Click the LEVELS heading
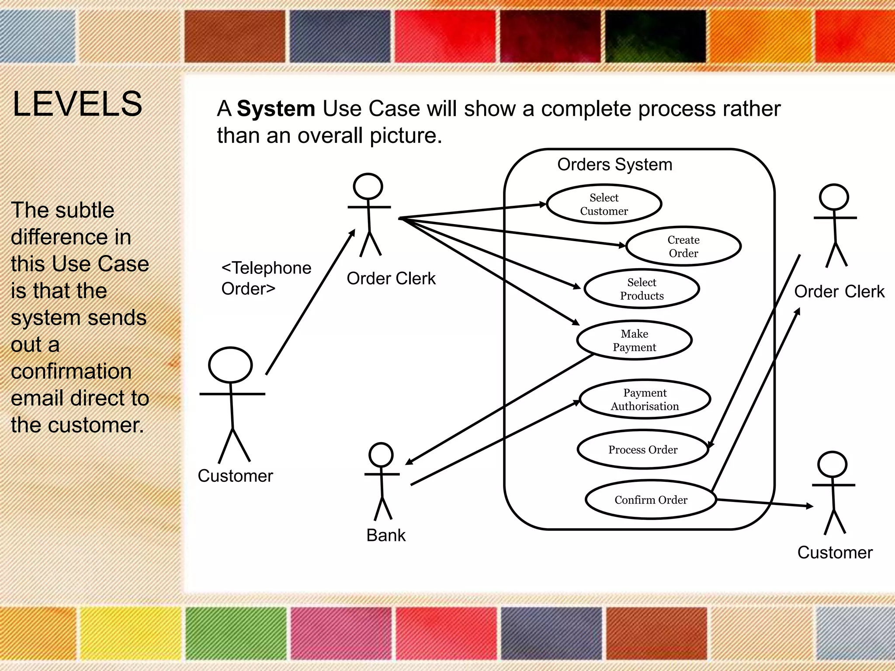pyautogui.click(x=77, y=104)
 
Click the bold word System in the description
pyautogui.click(x=276, y=109)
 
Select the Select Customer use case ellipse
pyautogui.click(x=604, y=204)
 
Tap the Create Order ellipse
pyautogui.click(x=683, y=246)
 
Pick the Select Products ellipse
pyautogui.click(x=642, y=289)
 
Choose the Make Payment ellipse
pyautogui.click(x=634, y=340)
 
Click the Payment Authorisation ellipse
pyautogui.click(x=645, y=399)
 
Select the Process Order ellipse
pyautogui.click(x=642, y=450)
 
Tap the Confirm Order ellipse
pyautogui.click(x=650, y=500)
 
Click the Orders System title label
pyautogui.click(x=614, y=165)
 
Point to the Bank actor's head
pyautogui.click(x=381, y=455)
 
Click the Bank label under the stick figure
pyautogui.click(x=386, y=535)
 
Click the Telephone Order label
pyautogui.click(x=266, y=278)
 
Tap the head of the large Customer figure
pyautogui.click(x=230, y=365)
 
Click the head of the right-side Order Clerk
pyautogui.click(x=834, y=197)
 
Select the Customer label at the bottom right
pyautogui.click(x=835, y=553)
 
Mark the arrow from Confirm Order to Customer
pyautogui.click(x=765, y=503)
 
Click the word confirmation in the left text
pyautogui.click(x=71, y=371)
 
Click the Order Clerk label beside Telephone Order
pyautogui.click(x=391, y=279)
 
